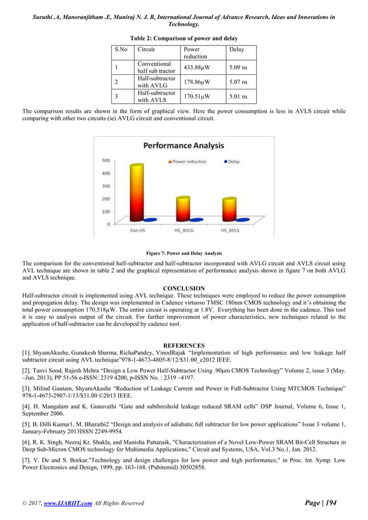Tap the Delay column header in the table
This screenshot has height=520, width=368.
tap(236, 50)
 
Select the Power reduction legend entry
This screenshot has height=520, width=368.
tap(189, 161)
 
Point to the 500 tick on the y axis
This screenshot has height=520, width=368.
tap(106, 160)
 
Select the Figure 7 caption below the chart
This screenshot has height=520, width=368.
tap(183, 253)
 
